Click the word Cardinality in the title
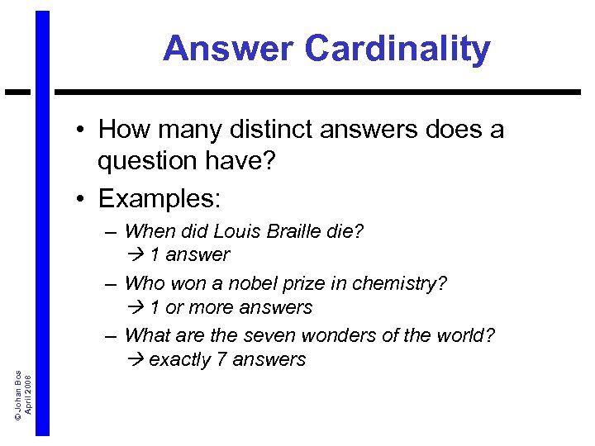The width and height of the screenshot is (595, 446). click(x=397, y=50)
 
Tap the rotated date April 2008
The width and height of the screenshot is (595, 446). click(x=29, y=393)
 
